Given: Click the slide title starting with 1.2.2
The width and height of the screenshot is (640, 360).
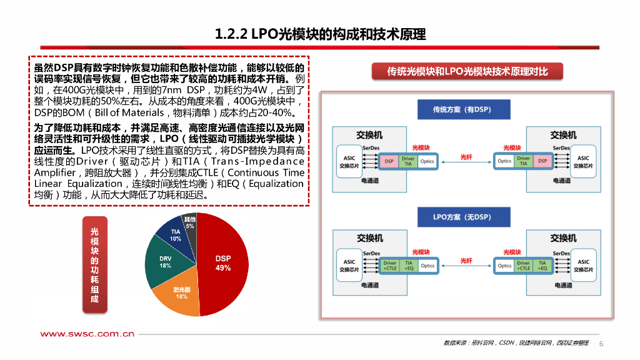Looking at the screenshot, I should point(320,34).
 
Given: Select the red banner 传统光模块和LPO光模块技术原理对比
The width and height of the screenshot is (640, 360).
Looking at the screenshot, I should point(467,71).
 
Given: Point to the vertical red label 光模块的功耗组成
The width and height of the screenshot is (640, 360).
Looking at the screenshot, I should point(94,265).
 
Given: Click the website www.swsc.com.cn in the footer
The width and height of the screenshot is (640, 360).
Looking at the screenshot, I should point(87,334).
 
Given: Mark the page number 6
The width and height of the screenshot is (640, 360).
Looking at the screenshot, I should point(601,344).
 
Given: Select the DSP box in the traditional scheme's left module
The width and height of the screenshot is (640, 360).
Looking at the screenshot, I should point(389,161).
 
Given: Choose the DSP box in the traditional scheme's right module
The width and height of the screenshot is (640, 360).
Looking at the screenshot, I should point(542,161).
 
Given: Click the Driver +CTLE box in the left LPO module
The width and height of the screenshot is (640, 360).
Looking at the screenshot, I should point(390,266).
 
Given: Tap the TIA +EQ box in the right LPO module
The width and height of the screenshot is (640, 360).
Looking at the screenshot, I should point(542,266).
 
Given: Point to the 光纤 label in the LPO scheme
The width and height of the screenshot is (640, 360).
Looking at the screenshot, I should point(466,260).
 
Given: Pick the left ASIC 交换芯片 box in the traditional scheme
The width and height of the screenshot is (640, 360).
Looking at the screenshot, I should point(349,162).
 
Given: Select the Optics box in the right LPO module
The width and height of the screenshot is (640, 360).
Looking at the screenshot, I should point(504,266).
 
